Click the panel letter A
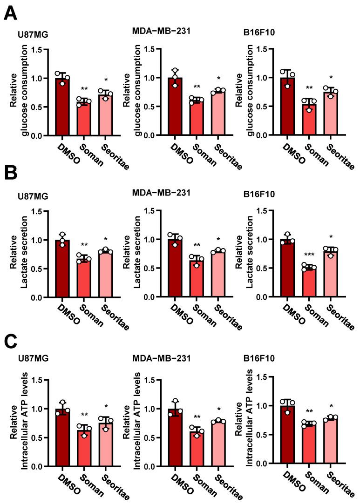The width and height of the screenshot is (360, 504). (x=11, y=13)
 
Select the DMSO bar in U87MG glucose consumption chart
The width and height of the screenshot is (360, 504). (x=62, y=107)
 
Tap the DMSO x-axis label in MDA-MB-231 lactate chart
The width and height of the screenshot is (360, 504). (x=170, y=312)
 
